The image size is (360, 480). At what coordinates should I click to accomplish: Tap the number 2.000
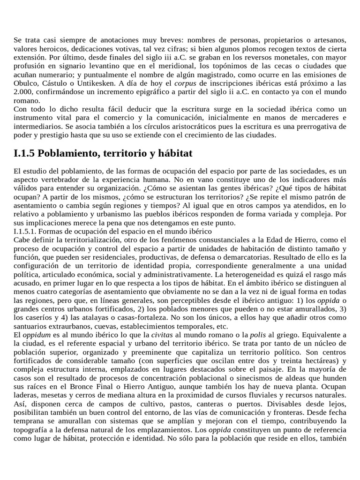tap(23, 92)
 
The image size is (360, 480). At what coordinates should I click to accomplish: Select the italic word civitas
tap(161, 335)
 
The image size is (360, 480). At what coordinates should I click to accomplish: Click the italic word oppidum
tap(35, 335)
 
